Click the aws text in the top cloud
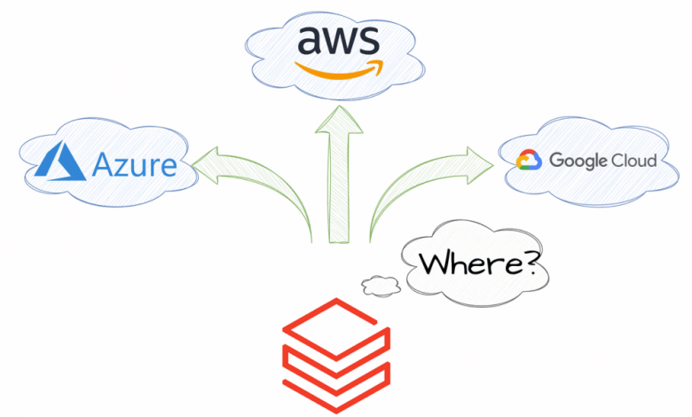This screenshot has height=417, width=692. [x=338, y=41]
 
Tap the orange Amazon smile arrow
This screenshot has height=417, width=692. [x=339, y=68]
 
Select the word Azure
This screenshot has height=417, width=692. [x=134, y=165]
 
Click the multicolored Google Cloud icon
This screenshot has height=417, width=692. [x=529, y=160]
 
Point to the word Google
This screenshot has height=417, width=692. [x=578, y=161]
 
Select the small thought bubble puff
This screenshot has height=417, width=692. [x=380, y=285]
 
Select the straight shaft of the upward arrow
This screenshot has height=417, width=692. [x=339, y=195]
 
